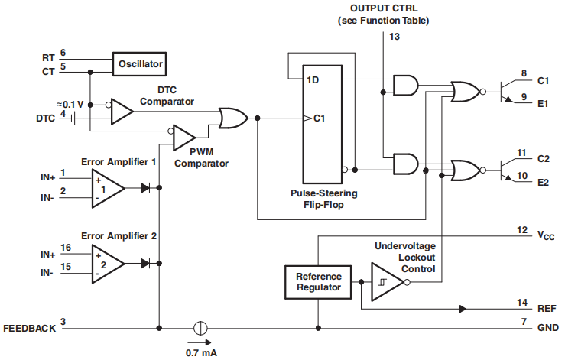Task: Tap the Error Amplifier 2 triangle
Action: pos(106,262)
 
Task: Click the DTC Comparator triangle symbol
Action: pos(121,112)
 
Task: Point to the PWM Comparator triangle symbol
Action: pos(183,138)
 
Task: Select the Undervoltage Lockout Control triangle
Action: pos(386,282)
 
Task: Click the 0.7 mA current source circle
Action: pos(200,328)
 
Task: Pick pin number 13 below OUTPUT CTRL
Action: pos(394,36)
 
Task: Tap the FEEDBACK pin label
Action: pos(29,329)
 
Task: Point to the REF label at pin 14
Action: pos(547,309)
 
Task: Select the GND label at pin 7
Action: pos(547,328)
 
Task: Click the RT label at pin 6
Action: pos(47,58)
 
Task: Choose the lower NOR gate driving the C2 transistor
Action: pos(465,170)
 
